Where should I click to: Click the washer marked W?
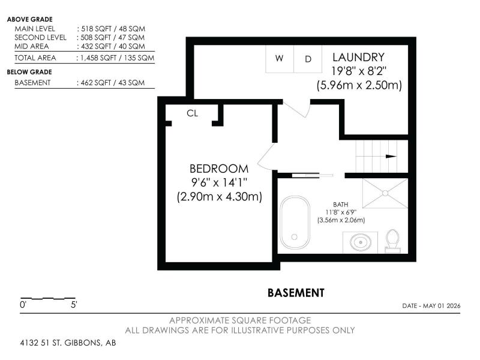click(x=280, y=59)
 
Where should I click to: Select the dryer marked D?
click(x=308, y=59)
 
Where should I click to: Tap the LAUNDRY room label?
click(x=358, y=57)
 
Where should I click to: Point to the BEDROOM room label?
click(x=219, y=169)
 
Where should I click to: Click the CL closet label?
click(x=192, y=113)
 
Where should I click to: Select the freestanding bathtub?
click(x=295, y=222)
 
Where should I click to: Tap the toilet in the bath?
click(x=392, y=241)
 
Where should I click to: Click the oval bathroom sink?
click(x=361, y=242)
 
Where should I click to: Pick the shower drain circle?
click(x=385, y=193)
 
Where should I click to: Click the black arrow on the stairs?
click(x=391, y=157)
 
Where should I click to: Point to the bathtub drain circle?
click(x=295, y=237)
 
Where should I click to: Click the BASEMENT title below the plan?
click(x=296, y=293)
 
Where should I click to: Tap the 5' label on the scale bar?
click(x=74, y=305)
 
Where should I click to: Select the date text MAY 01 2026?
click(x=442, y=306)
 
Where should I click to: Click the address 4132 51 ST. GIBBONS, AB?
click(x=68, y=343)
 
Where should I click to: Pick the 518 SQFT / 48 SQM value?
click(x=113, y=29)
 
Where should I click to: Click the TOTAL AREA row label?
click(x=35, y=58)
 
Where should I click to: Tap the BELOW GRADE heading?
click(x=29, y=72)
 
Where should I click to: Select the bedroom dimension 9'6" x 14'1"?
click(x=219, y=183)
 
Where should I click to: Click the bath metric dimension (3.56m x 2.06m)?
click(x=341, y=220)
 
